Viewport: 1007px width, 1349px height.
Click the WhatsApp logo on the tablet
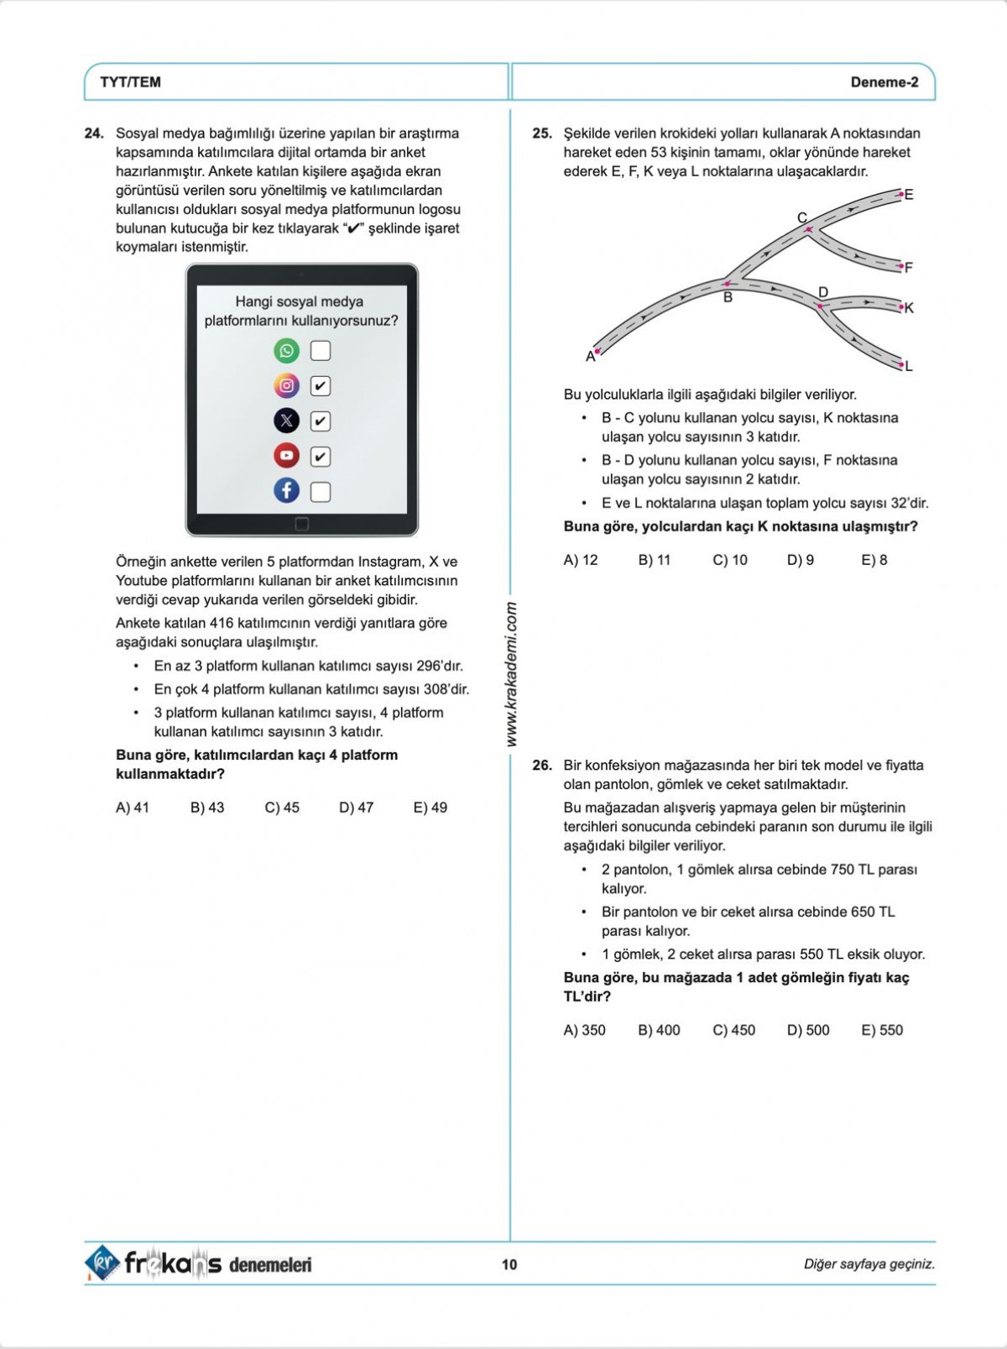[286, 350]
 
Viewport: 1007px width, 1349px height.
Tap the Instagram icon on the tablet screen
[286, 385]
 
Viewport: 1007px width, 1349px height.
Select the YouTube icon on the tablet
[286, 456]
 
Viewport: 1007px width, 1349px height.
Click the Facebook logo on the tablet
[286, 490]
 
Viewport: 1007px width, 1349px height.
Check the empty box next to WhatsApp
[321, 350]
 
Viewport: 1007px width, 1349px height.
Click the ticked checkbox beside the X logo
[321, 421]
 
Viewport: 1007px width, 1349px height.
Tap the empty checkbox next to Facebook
[321, 492]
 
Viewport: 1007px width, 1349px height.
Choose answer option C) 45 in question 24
[282, 808]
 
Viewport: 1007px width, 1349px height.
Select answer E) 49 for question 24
[430, 808]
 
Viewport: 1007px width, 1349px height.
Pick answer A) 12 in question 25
[581, 560]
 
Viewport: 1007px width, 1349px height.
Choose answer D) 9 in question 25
[801, 560]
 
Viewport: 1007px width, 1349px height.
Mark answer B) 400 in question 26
[659, 1030]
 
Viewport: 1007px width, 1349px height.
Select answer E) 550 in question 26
[882, 1030]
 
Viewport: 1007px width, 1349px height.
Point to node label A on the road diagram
[590, 357]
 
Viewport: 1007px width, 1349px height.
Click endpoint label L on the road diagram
[909, 366]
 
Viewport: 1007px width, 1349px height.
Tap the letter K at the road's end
[909, 308]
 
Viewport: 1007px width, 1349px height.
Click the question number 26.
[542, 766]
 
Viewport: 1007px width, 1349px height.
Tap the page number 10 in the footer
[509, 1264]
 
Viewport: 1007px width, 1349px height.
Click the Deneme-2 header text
[884, 82]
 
